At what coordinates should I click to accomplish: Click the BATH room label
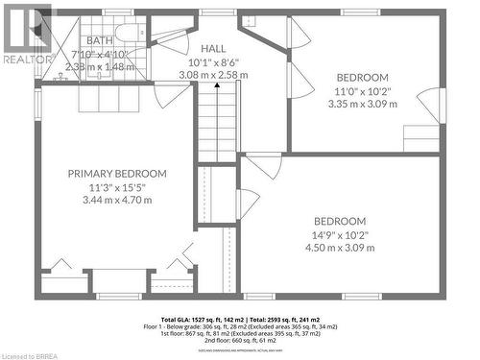click(x=99, y=41)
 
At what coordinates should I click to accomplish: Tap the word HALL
click(x=214, y=47)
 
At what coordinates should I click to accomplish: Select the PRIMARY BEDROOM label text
click(x=117, y=174)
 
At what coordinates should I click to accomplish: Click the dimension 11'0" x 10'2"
click(x=362, y=91)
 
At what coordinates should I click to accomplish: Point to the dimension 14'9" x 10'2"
click(x=341, y=234)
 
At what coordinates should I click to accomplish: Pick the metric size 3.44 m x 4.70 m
click(x=117, y=203)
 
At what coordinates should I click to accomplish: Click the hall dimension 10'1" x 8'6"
click(x=214, y=60)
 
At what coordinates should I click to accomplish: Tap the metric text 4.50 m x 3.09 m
click(x=341, y=248)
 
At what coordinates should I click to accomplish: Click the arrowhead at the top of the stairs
click(x=217, y=85)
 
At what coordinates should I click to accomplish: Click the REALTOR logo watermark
click(x=26, y=30)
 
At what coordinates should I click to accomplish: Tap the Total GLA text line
click(x=240, y=319)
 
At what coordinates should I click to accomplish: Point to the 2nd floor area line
click(x=240, y=339)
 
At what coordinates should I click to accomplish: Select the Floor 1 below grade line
click(x=240, y=325)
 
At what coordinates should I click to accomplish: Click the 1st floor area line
click(x=240, y=332)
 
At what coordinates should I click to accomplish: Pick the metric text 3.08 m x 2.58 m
click(x=214, y=74)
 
